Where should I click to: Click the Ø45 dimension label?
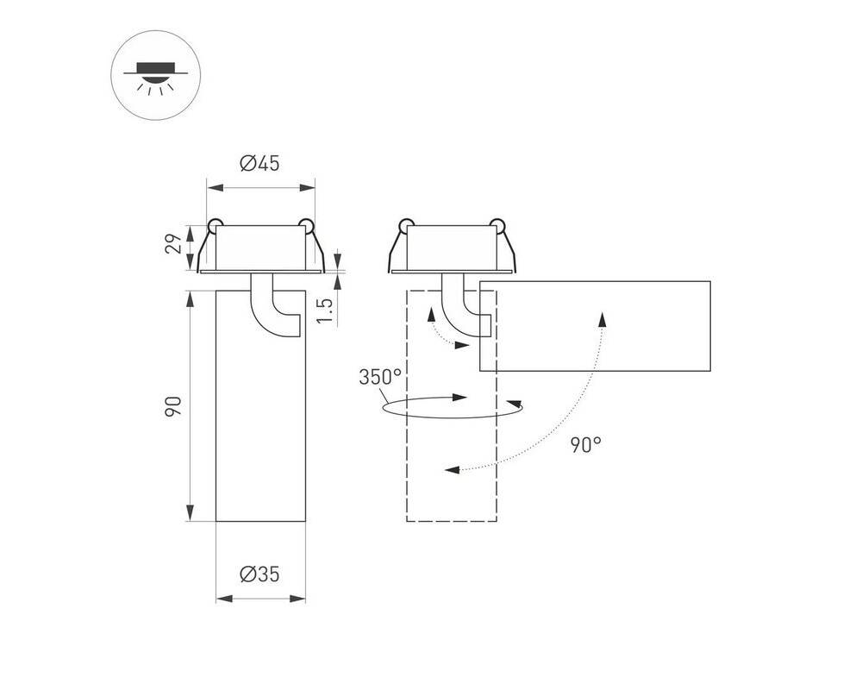pos(260,163)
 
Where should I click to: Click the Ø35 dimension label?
pos(260,574)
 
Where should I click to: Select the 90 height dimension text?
pos(173,406)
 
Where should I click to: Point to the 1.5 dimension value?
pos(325,310)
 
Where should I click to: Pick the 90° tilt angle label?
pos(586,444)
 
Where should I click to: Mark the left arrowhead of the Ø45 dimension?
pos(215,188)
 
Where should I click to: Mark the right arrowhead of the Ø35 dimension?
pos(297,599)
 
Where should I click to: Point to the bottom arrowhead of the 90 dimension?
pos(190,513)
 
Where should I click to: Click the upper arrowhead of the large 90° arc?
pos(603,319)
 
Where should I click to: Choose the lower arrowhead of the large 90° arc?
pos(453,470)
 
